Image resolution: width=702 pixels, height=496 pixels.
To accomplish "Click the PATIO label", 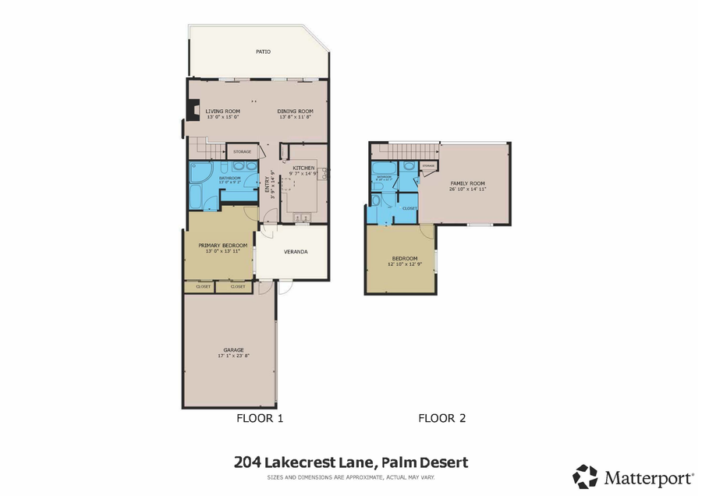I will coord(263,52).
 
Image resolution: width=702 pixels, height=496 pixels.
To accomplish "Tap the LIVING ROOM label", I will coord(222,112).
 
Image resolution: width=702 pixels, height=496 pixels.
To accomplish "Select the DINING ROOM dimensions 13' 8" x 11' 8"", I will coord(294,117).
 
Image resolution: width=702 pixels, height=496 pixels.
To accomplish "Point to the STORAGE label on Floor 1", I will coord(241,151).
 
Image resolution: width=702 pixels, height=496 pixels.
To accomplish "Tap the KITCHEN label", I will coord(303,168).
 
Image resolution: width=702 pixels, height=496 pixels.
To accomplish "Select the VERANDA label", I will coord(295,252).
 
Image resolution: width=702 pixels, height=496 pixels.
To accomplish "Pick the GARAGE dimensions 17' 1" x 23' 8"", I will coord(231,356).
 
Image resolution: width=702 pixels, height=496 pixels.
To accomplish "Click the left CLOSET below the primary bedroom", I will coord(200,287).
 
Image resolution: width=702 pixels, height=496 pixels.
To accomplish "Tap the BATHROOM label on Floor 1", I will coord(229,178).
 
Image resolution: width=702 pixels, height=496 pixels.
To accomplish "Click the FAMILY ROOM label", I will coord(467,183).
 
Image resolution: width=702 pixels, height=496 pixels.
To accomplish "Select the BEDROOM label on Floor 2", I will coord(404,258).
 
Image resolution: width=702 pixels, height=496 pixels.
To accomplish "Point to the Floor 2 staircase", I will coord(405,150).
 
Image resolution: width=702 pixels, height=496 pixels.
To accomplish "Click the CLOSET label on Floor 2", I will coord(409,208).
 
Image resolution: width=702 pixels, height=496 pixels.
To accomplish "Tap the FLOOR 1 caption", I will coord(259,418).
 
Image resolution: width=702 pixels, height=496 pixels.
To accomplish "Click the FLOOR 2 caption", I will coord(441,418).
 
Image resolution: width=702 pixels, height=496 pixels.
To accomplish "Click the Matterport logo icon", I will coord(586,476).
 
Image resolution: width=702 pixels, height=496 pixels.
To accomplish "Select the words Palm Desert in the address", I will coord(424,462).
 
